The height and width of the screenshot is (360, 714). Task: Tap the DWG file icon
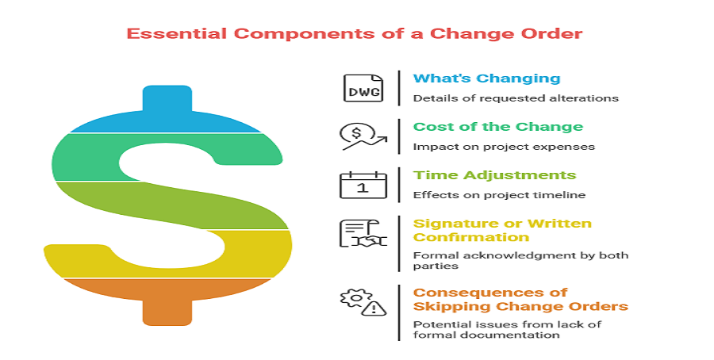coord(363,88)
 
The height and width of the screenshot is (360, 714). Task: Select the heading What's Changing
coord(486,79)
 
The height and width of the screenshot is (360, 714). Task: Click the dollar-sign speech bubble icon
coord(363,136)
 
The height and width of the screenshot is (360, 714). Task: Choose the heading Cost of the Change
coord(497,127)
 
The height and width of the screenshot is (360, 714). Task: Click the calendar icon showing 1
coord(363,185)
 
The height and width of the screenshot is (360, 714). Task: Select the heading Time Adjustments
coord(494,175)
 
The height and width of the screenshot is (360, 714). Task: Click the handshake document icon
coord(363,233)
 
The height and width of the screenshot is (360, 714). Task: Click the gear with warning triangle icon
coord(363,301)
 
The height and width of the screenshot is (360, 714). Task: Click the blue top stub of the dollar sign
coord(167,99)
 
